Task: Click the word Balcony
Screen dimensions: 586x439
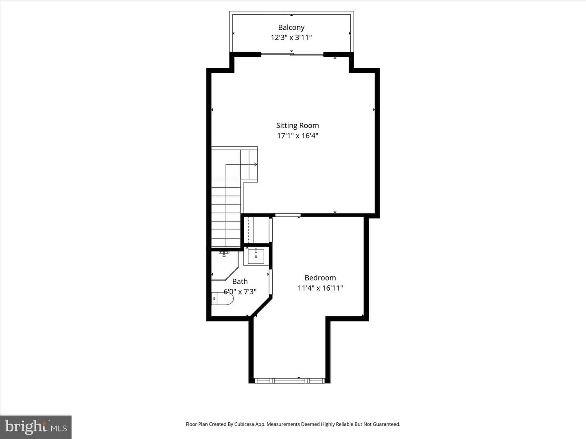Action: click(291, 28)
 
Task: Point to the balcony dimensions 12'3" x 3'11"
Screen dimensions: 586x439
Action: click(291, 37)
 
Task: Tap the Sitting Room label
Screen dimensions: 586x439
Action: click(297, 125)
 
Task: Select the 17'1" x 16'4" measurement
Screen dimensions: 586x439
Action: click(297, 136)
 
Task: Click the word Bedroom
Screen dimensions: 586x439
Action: click(320, 278)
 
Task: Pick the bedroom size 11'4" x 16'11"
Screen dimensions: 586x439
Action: click(320, 288)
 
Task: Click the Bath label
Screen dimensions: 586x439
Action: click(240, 281)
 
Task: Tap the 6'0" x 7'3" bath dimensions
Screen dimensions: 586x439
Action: click(240, 291)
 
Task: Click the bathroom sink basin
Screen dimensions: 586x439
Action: click(256, 256)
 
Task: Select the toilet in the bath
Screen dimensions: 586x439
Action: click(222, 298)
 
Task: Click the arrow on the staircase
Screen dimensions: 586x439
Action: click(256, 165)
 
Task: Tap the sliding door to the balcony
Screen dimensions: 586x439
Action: click(292, 54)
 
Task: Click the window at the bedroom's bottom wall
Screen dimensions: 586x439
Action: click(290, 381)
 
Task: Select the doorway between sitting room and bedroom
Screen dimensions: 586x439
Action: click(288, 215)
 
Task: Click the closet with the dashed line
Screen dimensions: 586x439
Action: click(256, 230)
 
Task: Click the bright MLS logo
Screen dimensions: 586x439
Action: click(36, 427)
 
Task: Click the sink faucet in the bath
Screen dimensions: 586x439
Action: click(256, 250)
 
